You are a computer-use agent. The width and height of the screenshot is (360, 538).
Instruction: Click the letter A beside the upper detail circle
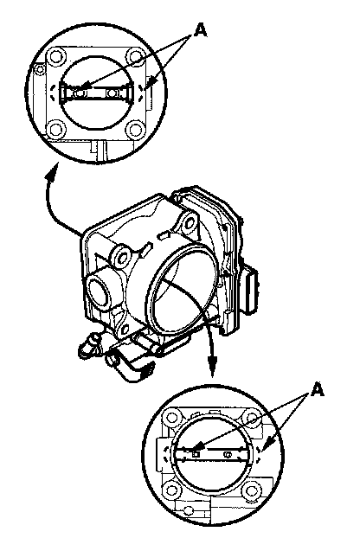coord(201,30)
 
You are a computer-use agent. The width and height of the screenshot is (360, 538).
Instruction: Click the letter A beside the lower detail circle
coord(318,390)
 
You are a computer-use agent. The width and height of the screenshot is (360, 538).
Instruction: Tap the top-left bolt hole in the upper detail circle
coord(55,56)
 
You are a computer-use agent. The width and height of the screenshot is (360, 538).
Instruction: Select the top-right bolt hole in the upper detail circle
coord(135,56)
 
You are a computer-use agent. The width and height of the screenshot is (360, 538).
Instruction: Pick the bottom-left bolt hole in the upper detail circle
coord(55,130)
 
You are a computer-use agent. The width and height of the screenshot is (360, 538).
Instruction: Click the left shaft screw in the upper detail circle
coord(80,93)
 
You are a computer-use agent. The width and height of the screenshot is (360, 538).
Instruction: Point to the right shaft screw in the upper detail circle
coord(112,93)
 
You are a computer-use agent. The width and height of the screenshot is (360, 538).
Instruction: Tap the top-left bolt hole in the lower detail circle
coord(171,418)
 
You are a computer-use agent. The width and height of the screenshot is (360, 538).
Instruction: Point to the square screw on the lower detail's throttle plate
coord(196,455)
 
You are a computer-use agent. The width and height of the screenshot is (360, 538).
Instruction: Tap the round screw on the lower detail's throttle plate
coord(227,455)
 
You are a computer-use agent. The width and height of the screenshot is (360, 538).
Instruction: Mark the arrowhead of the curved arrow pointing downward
coord(212,366)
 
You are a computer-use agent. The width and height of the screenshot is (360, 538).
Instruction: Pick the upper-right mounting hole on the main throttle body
coord(190,223)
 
